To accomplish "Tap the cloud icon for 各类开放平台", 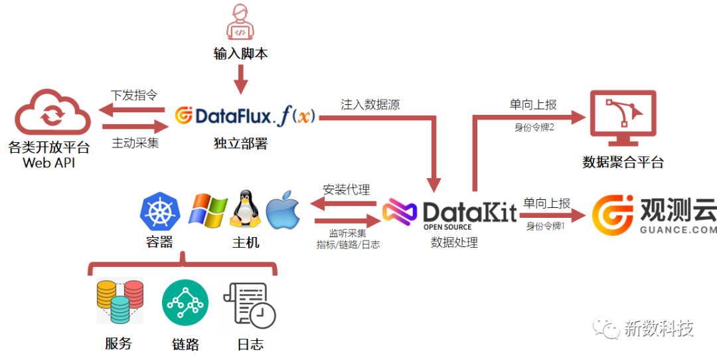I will [x=52, y=114].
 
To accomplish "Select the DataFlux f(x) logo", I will [x=246, y=117].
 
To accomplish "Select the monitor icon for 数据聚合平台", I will [x=622, y=120].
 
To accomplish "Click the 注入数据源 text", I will [x=370, y=104].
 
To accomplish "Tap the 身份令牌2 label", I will [x=534, y=127].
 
